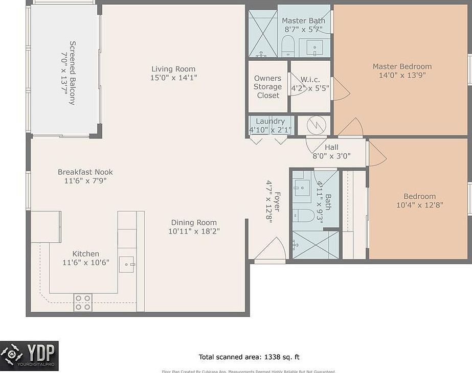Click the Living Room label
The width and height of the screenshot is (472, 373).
coord(173,69)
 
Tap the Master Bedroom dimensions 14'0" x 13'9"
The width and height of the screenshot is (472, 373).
coord(402,75)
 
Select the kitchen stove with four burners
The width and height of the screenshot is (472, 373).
coord(83,302)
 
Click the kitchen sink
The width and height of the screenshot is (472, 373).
coord(126,264)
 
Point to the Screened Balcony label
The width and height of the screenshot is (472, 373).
coord(72,73)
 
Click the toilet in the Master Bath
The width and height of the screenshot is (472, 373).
coord(287,46)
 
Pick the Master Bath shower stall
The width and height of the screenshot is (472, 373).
coord(262,33)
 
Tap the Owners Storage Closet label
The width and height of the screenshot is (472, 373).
coord(267,87)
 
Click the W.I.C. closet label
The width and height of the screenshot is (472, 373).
coord(310,79)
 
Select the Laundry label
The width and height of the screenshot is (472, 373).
coord(270,121)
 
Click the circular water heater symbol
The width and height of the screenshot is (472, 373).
coord(313,125)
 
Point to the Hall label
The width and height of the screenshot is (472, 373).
coord(331,148)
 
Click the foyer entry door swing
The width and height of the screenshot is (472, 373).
coord(271,250)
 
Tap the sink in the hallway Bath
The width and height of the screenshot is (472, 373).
coord(302,191)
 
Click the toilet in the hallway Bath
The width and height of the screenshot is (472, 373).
coord(303,215)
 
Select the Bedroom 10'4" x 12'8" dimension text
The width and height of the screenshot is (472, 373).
coord(419,205)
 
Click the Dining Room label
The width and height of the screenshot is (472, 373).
coord(193,222)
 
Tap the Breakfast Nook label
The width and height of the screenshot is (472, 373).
coord(85,172)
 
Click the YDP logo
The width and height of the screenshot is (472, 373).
coord(29,356)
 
